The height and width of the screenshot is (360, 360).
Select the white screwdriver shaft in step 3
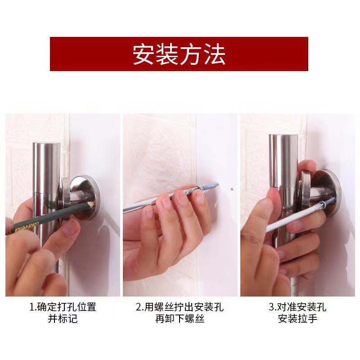click(x=288, y=220)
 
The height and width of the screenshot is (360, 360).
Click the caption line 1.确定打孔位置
click(x=63, y=307)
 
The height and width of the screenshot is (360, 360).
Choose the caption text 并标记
click(x=63, y=319)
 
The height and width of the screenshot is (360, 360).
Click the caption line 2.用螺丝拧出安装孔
click(x=180, y=307)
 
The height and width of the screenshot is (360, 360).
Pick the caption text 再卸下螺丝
click(x=180, y=319)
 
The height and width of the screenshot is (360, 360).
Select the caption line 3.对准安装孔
click(x=297, y=307)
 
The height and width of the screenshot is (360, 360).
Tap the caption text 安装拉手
click(x=297, y=319)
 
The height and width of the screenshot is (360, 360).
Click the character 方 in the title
click(x=191, y=54)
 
